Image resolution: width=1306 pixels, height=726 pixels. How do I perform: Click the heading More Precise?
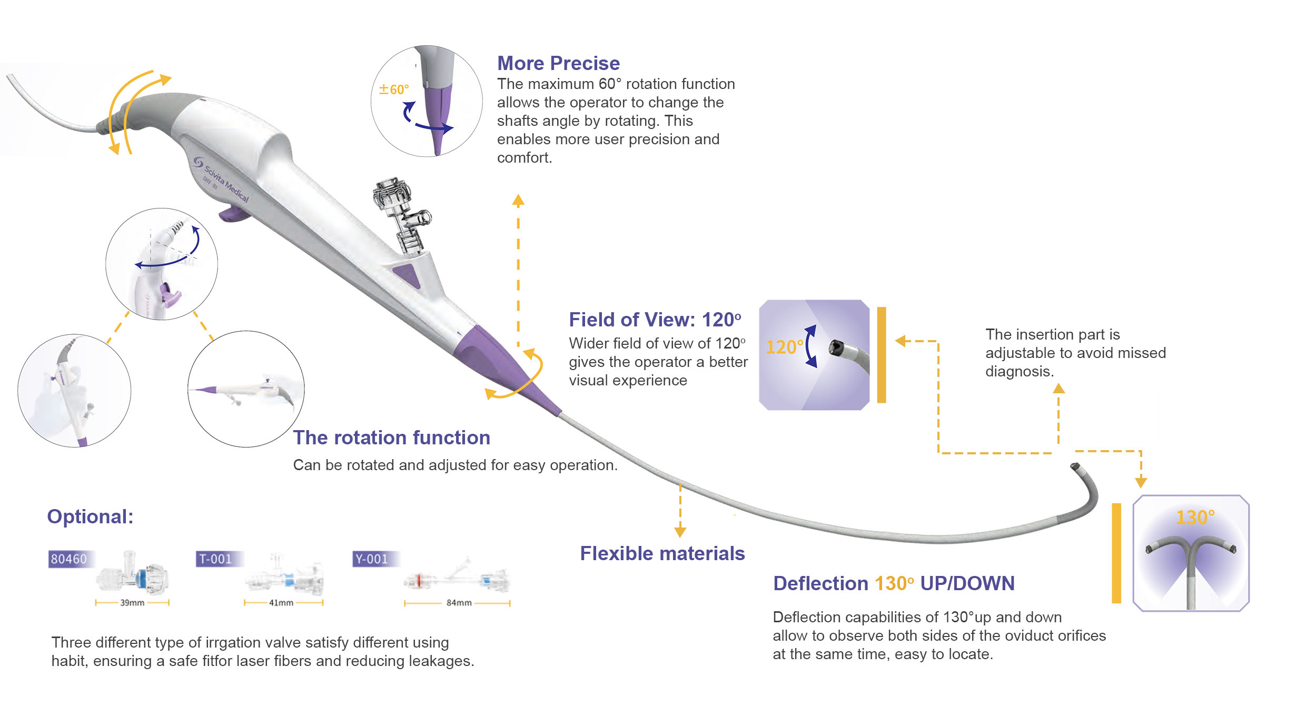tap(558, 63)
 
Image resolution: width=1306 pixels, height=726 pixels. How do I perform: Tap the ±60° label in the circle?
tap(393, 89)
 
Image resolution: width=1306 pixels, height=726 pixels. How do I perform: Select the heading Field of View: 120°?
tap(655, 320)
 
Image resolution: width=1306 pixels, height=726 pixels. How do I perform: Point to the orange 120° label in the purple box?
tap(784, 347)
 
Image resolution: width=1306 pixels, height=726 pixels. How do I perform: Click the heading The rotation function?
tap(391, 437)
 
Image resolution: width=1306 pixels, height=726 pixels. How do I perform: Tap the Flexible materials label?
tap(662, 553)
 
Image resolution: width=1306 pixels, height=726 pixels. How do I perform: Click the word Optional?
tap(90, 516)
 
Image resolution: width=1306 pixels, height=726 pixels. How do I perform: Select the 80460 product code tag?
tap(69, 559)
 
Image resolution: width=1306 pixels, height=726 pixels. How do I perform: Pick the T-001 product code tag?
tap(215, 559)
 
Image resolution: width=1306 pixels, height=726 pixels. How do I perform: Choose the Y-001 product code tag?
tap(372, 559)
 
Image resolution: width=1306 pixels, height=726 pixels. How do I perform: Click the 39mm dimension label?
tap(132, 603)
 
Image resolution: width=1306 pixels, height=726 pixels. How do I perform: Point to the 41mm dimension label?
tap(281, 603)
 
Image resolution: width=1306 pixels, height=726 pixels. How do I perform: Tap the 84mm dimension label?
tap(459, 603)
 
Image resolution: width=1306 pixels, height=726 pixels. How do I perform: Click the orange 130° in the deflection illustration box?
tap(1195, 518)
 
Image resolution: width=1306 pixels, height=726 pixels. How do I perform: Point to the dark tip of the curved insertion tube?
tap(1075, 467)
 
